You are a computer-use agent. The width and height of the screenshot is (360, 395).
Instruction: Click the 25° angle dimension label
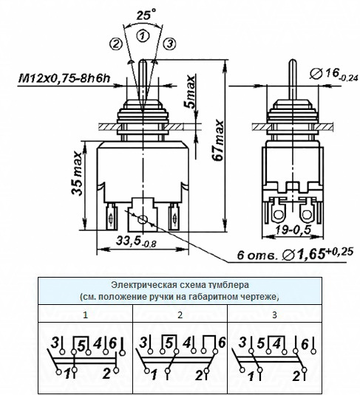coord(146,14)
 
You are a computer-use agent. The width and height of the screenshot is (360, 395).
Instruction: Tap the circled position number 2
coord(115,44)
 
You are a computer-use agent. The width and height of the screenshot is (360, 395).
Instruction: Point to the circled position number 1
coord(143,35)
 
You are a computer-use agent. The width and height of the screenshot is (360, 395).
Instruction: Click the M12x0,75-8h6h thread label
coord(64,78)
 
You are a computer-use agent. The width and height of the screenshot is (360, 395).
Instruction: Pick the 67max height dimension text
coord(218,140)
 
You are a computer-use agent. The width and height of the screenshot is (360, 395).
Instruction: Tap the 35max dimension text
coord(77,174)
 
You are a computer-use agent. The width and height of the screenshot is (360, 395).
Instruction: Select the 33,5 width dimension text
coord(136,241)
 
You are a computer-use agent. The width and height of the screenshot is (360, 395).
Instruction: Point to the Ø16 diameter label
coord(334,75)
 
